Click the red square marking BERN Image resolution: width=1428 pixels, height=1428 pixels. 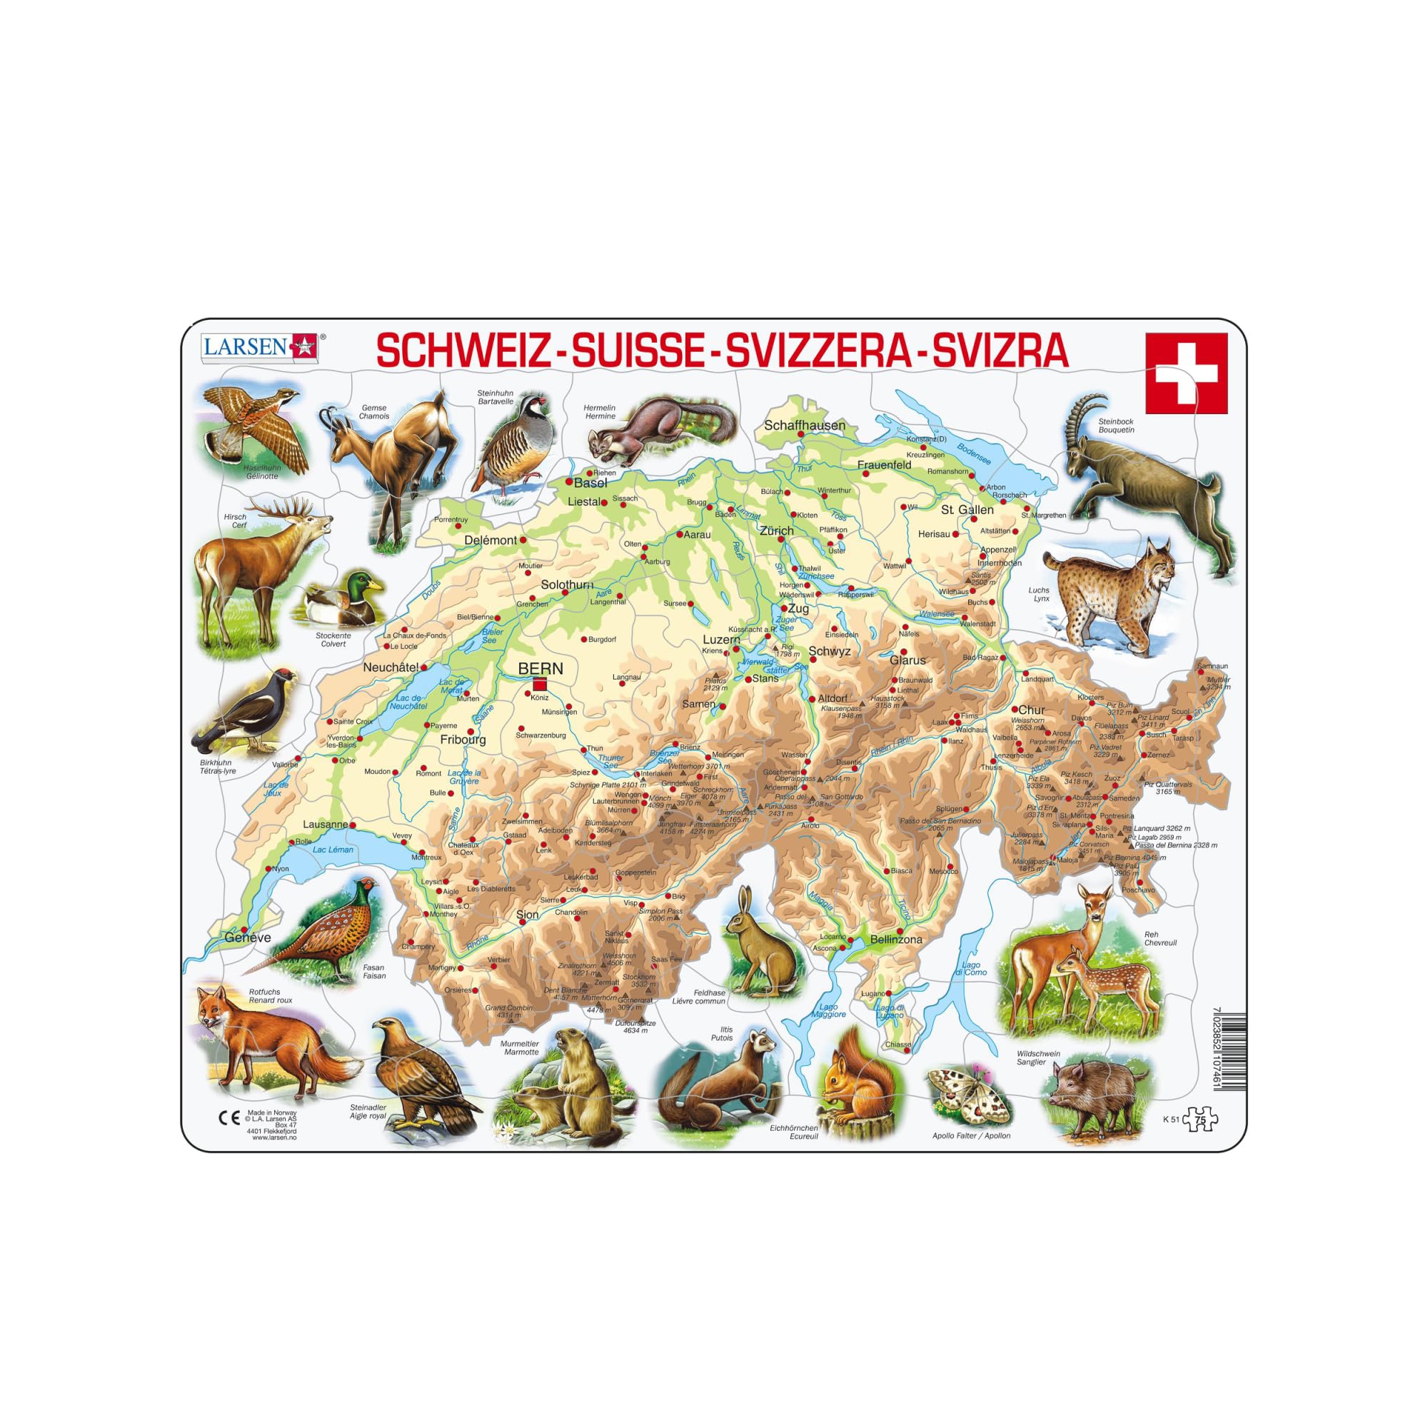(540, 684)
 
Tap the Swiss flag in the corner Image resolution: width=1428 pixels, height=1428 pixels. (1185, 373)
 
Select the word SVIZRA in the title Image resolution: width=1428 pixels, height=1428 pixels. (1000, 352)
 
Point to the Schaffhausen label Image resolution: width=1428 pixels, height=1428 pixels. (804, 426)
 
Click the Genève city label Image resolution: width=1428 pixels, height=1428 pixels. (248, 937)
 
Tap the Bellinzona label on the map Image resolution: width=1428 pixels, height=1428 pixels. (897, 940)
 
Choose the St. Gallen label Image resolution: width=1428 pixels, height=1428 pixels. (967, 509)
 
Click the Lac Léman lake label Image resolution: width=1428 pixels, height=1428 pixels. (333, 850)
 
